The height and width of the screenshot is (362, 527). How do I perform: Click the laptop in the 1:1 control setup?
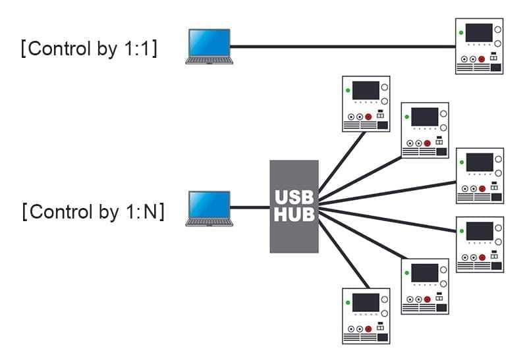pyautogui.click(x=209, y=46)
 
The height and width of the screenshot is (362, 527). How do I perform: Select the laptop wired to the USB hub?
pyautogui.click(x=209, y=209)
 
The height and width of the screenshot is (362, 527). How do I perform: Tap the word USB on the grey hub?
pyautogui.click(x=294, y=196)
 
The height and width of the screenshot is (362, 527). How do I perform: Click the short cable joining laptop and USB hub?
pyautogui.click(x=251, y=208)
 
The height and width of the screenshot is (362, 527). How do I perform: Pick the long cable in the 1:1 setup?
pyautogui.click(x=343, y=46)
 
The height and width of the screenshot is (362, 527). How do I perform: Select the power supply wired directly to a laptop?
pyautogui.click(x=480, y=46)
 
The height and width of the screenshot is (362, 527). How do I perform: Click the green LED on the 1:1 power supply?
pyautogui.click(x=461, y=32)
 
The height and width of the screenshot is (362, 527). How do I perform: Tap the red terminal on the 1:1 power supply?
pyautogui.click(x=482, y=59)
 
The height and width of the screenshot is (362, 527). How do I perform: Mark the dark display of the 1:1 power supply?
pyautogui.click(x=479, y=32)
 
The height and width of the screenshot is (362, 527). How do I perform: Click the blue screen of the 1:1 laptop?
pyautogui.click(x=209, y=42)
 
